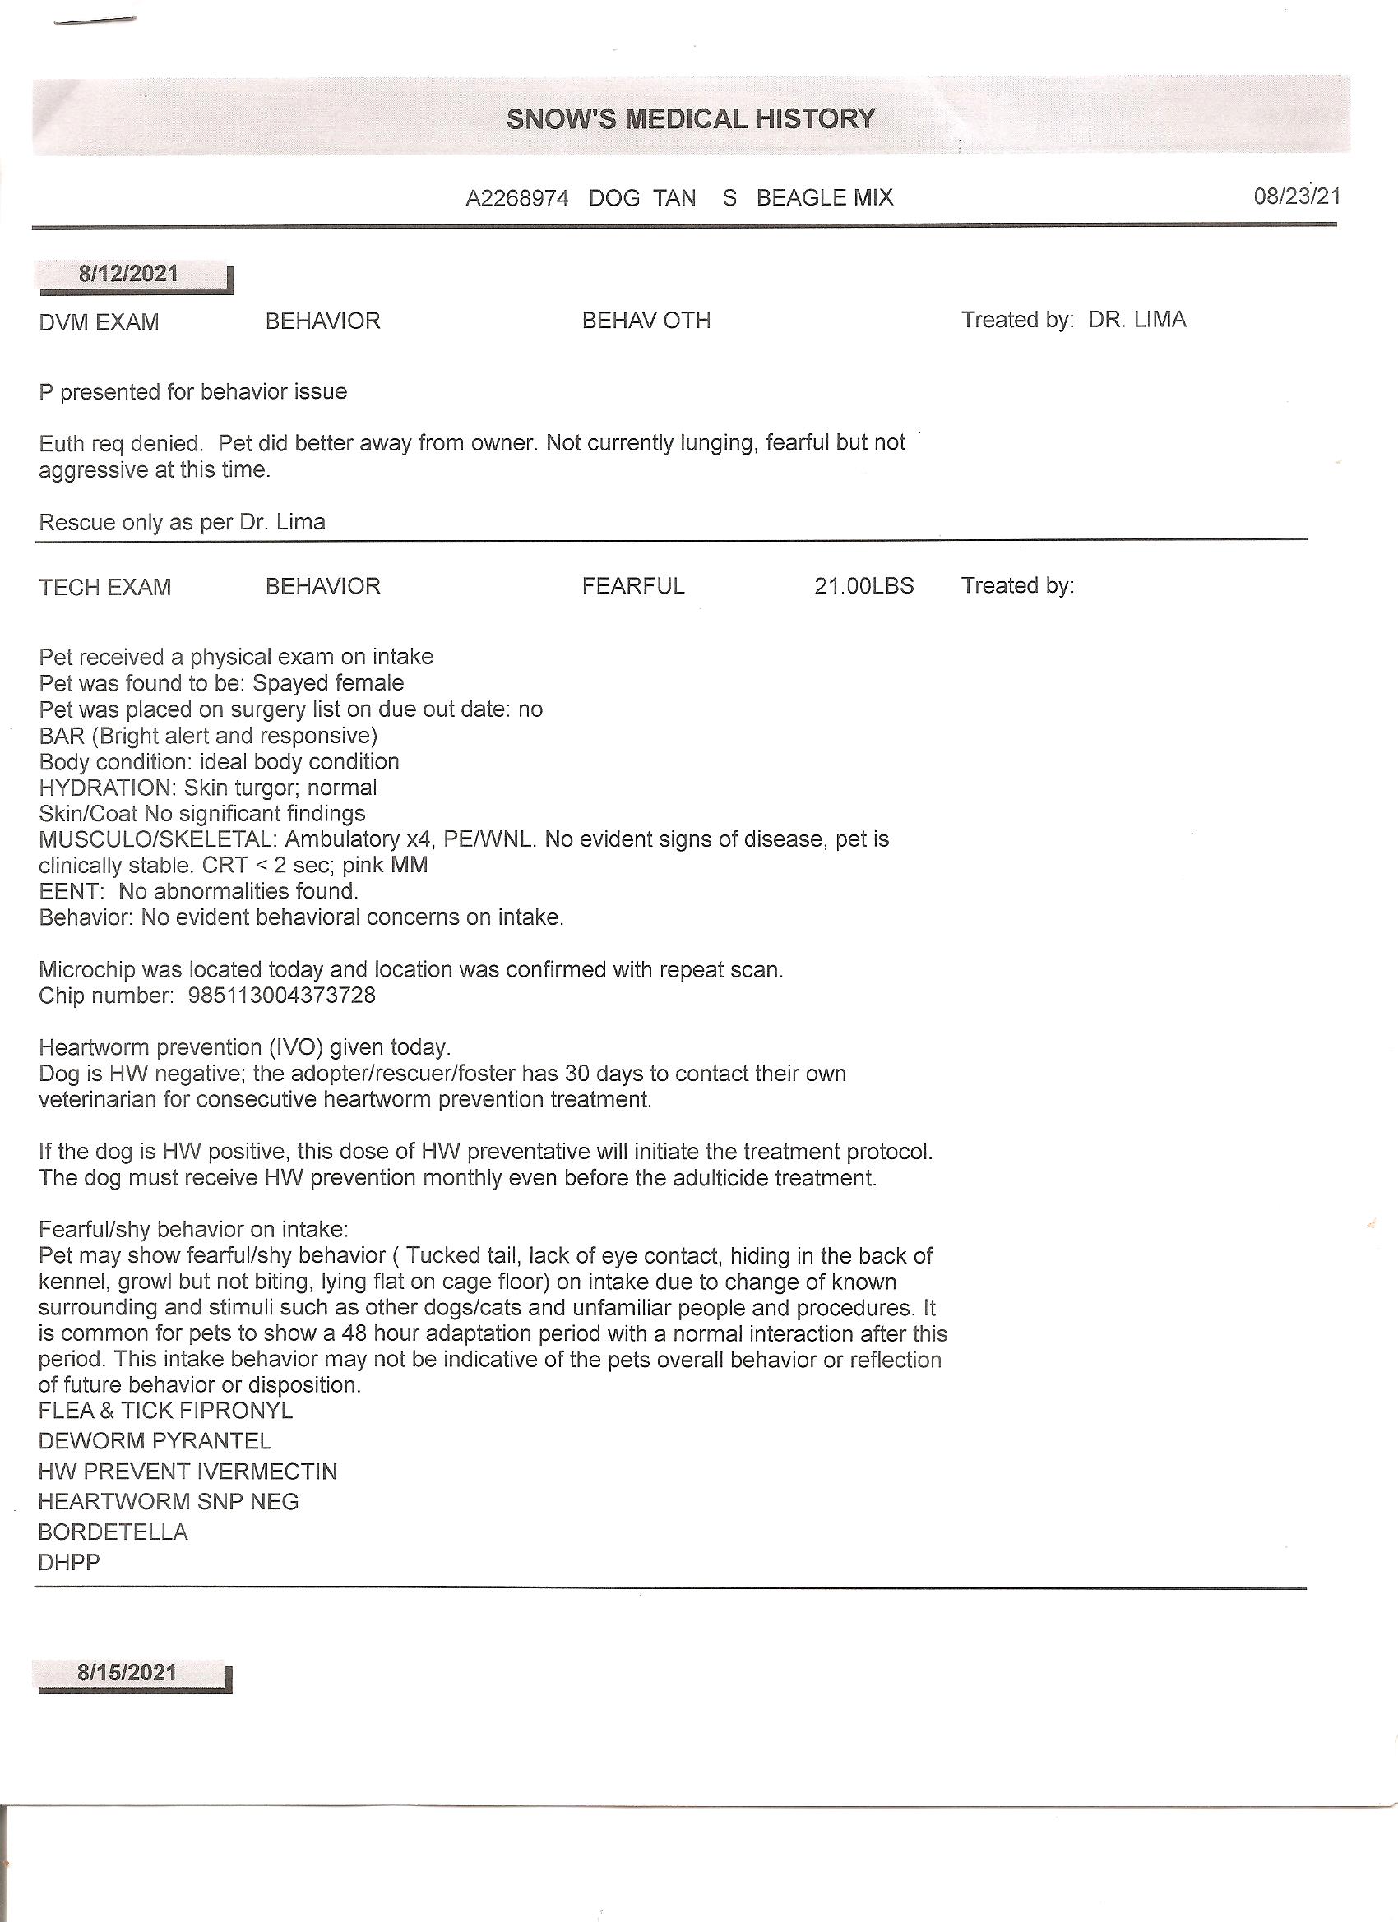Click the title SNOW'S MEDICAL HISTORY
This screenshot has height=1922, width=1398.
[x=690, y=118]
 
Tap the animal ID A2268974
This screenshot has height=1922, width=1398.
[x=516, y=198]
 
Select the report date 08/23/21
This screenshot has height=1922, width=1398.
[x=1296, y=196]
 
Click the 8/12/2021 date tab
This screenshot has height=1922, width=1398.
[x=129, y=274]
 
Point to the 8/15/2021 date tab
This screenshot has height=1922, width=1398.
[x=127, y=1672]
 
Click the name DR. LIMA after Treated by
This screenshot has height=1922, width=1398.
[x=1136, y=320]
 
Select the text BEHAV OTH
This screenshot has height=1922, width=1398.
[x=646, y=321]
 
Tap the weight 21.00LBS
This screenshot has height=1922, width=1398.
[x=864, y=585]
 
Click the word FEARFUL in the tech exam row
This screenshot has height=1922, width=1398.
[x=632, y=585]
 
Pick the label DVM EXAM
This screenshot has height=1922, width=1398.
[x=100, y=322]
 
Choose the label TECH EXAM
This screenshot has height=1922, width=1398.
[x=105, y=587]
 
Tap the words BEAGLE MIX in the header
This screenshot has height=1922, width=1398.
[x=824, y=198]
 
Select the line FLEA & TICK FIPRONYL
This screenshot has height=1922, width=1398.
[x=165, y=1411]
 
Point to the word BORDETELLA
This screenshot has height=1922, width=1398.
[x=113, y=1532]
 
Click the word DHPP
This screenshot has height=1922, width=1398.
[x=70, y=1562]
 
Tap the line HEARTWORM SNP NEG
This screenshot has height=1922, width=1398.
[x=169, y=1502]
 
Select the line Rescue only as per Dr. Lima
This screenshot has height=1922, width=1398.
[x=183, y=522]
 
